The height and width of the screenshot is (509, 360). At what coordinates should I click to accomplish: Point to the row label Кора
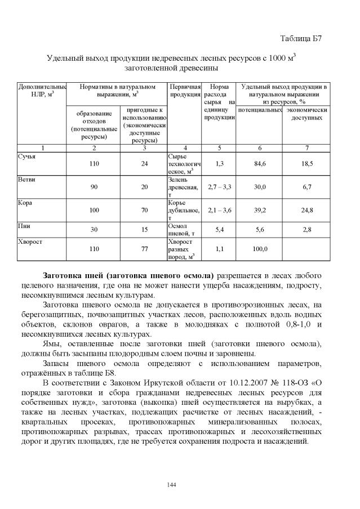point(24,202)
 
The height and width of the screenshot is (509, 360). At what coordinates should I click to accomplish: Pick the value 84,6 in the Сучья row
point(260,163)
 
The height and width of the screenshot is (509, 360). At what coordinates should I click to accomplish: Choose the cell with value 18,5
point(307,163)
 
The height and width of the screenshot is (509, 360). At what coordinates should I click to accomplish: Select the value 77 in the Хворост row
point(144,248)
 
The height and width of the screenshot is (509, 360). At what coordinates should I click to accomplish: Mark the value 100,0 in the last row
point(260,248)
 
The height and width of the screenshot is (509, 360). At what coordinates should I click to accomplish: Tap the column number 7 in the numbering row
point(307,148)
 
